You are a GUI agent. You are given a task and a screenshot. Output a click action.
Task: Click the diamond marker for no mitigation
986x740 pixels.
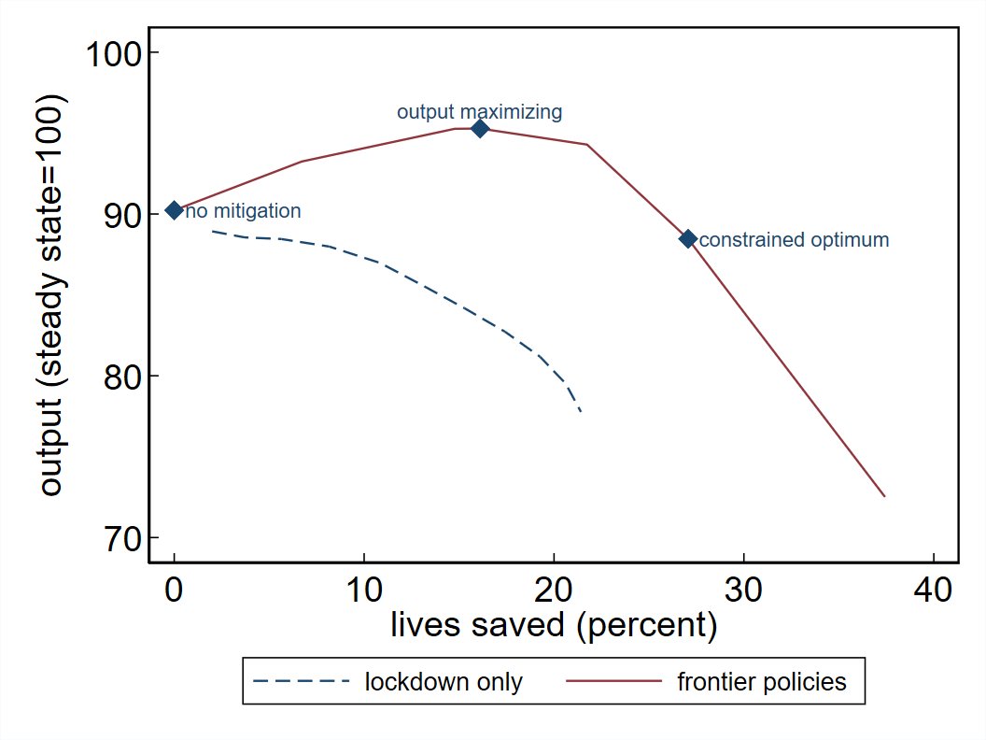174,210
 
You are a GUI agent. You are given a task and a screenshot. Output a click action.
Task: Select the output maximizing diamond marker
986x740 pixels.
480,129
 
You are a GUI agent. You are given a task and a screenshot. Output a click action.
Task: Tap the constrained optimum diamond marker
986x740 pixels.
688,239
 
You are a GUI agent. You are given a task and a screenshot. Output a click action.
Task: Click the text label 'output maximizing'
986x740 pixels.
479,112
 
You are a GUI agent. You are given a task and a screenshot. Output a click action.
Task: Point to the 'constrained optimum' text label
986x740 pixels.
794,240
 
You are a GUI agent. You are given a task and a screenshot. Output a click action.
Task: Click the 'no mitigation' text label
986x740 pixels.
243,211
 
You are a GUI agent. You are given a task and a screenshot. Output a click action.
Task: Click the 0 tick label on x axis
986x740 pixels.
174,591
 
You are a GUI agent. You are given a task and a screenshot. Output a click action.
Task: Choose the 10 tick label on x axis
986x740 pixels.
364,591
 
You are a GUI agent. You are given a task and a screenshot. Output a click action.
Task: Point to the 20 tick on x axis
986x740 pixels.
555,591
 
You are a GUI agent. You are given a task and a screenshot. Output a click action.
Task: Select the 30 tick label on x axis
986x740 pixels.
744,591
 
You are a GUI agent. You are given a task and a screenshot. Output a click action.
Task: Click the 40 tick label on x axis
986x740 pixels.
934,591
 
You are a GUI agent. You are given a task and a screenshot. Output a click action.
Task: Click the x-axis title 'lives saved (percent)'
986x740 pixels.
553,625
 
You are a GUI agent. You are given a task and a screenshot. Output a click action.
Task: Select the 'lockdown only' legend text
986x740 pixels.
444,682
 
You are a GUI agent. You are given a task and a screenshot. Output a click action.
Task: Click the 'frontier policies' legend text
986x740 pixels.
761,682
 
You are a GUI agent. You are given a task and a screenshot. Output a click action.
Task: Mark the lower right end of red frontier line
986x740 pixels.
884,496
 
